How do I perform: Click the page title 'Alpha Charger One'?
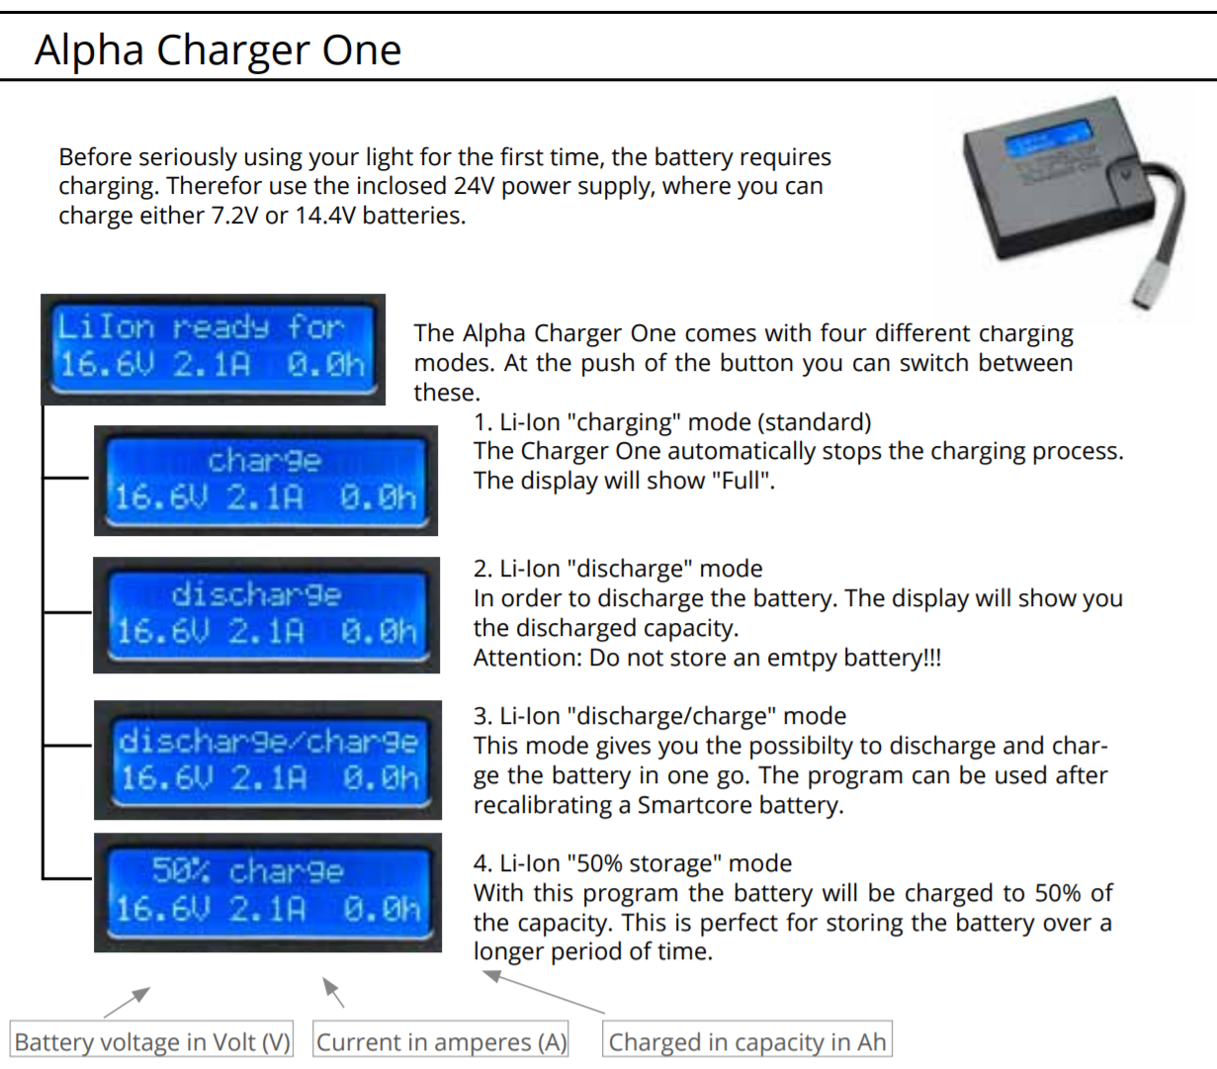(217, 49)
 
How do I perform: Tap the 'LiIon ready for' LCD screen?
(214, 349)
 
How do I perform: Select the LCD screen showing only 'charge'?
(266, 481)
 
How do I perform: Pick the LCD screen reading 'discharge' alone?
(267, 615)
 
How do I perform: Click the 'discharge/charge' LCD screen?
(268, 760)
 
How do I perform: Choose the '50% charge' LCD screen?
(268, 892)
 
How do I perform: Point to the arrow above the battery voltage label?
(127, 1003)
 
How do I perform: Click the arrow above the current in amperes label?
(333, 992)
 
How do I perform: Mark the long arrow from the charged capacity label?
(544, 992)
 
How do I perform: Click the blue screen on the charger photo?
(1048, 138)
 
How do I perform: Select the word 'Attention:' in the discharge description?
(527, 658)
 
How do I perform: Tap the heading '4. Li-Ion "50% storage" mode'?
(633, 863)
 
